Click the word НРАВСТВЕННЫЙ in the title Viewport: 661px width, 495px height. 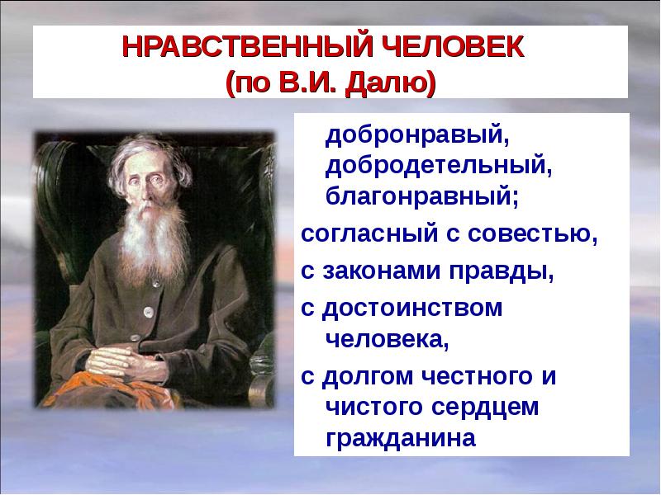pos(248,47)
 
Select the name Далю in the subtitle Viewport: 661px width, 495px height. pos(390,83)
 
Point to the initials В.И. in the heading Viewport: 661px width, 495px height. pos(307,82)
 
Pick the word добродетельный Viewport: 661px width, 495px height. pos(439,167)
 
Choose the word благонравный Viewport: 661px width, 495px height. pos(422,197)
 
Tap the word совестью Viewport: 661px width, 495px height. pos(532,234)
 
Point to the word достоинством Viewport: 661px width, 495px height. pos(412,309)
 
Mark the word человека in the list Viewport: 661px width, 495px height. pos(387,340)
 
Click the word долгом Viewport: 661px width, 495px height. pos(368,377)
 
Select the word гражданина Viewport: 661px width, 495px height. pos(401,439)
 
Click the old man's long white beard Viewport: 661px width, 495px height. pos(153,240)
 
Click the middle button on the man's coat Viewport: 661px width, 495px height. pos(148,312)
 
